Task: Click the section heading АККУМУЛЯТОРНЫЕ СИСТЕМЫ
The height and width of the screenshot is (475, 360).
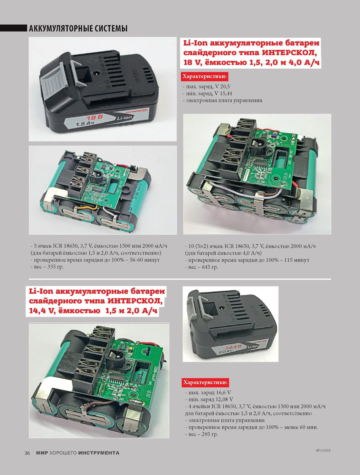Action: pos(78,28)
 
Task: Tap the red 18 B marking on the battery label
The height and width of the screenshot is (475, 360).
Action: pos(95,118)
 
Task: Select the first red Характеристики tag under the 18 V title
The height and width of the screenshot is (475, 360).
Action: pos(205,76)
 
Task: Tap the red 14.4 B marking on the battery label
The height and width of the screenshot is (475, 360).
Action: pos(233,348)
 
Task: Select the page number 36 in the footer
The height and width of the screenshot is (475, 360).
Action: pos(27,453)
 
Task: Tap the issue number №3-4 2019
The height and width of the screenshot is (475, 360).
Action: pos(323,451)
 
